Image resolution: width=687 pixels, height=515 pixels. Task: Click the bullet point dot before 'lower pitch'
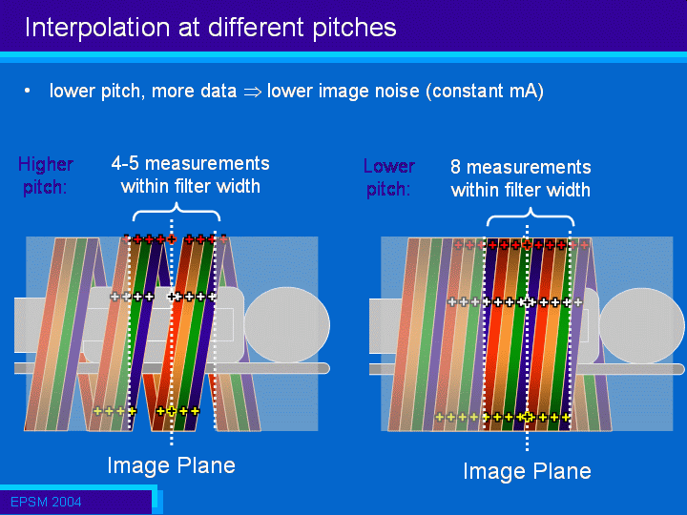pyautogui.click(x=28, y=91)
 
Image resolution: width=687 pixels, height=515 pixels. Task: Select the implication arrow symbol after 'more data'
pyautogui.click(x=252, y=92)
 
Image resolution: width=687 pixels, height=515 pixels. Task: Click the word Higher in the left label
pyautogui.click(x=46, y=165)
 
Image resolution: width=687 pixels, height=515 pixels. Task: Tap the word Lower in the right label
pyautogui.click(x=389, y=166)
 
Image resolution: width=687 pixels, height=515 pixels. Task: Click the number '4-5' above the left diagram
pyautogui.click(x=125, y=163)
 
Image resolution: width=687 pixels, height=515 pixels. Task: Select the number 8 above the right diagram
pyautogui.click(x=455, y=167)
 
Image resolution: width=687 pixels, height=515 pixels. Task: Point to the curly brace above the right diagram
pyautogui.click(x=531, y=215)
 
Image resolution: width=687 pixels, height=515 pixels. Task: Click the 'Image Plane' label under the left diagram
pyautogui.click(x=172, y=465)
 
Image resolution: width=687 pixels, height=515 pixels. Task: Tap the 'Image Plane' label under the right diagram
pyautogui.click(x=527, y=471)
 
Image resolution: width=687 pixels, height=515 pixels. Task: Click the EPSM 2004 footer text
pyautogui.click(x=46, y=502)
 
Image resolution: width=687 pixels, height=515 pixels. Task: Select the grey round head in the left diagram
pyautogui.click(x=287, y=325)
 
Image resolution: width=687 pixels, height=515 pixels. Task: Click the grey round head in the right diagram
pyautogui.click(x=641, y=326)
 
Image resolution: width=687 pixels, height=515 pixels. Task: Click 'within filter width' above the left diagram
pyautogui.click(x=191, y=187)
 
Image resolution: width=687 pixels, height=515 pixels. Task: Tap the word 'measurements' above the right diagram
pyautogui.click(x=529, y=167)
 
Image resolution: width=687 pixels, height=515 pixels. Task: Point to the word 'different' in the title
pyautogui.click(x=257, y=28)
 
